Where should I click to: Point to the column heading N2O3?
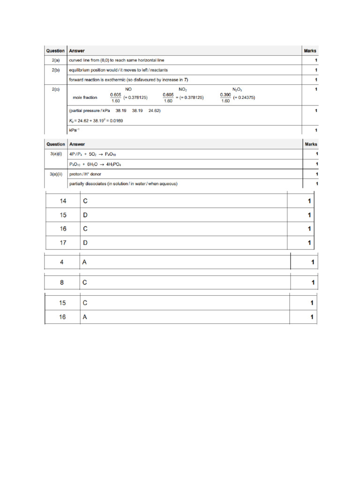tap(237, 89)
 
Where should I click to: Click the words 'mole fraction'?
tap(85, 97)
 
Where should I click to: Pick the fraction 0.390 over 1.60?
tap(225, 97)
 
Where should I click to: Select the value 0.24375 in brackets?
tap(244, 97)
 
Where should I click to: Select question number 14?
tap(63, 201)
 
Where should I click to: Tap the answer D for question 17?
tap(85, 243)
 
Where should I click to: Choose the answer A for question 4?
tap(84, 262)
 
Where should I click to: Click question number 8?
tap(62, 283)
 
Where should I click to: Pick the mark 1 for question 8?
tap(312, 283)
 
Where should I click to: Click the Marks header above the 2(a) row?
tap(310, 51)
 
